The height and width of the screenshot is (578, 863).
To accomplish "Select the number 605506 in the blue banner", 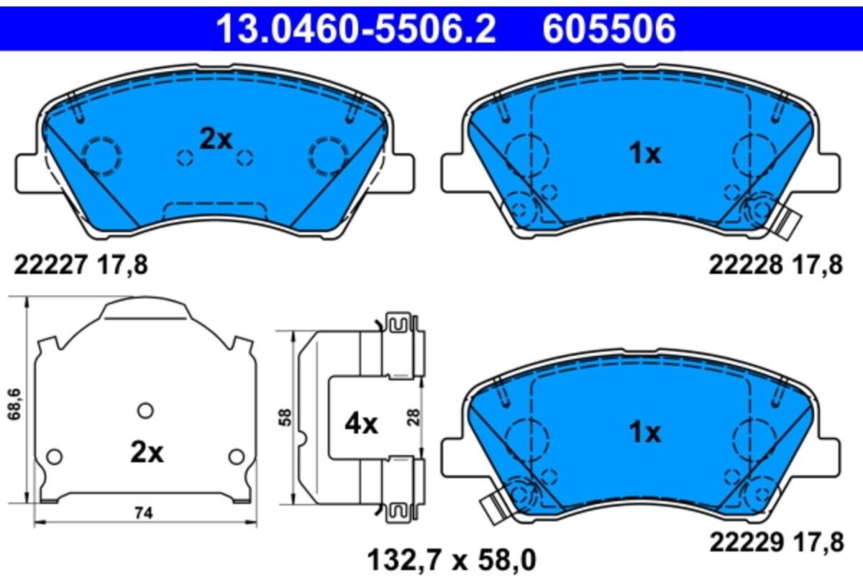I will [x=609, y=30].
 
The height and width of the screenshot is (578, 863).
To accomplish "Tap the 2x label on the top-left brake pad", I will [x=216, y=139].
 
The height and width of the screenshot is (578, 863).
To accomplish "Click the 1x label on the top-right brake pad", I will [x=644, y=153].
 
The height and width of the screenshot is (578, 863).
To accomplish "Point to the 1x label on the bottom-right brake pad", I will [x=644, y=433].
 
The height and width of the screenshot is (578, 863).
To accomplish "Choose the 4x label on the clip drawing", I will [x=361, y=424].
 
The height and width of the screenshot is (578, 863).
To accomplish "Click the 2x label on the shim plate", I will [x=147, y=453].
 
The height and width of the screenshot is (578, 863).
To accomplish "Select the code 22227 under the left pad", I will [x=48, y=265].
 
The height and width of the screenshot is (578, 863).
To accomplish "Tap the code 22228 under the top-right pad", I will [x=744, y=265].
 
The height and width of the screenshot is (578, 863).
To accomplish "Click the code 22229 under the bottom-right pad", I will [x=744, y=542].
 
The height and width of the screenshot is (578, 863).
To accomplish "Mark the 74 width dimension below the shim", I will [x=145, y=513].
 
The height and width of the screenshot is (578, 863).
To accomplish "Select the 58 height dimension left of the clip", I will [x=286, y=418].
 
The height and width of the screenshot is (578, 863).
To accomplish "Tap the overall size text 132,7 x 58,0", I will [x=452, y=558].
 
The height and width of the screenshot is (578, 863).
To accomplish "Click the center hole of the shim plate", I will [x=145, y=410].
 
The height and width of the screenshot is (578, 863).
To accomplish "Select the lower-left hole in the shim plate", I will [x=54, y=456].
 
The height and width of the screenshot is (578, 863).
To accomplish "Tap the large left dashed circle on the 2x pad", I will [x=101, y=155].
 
